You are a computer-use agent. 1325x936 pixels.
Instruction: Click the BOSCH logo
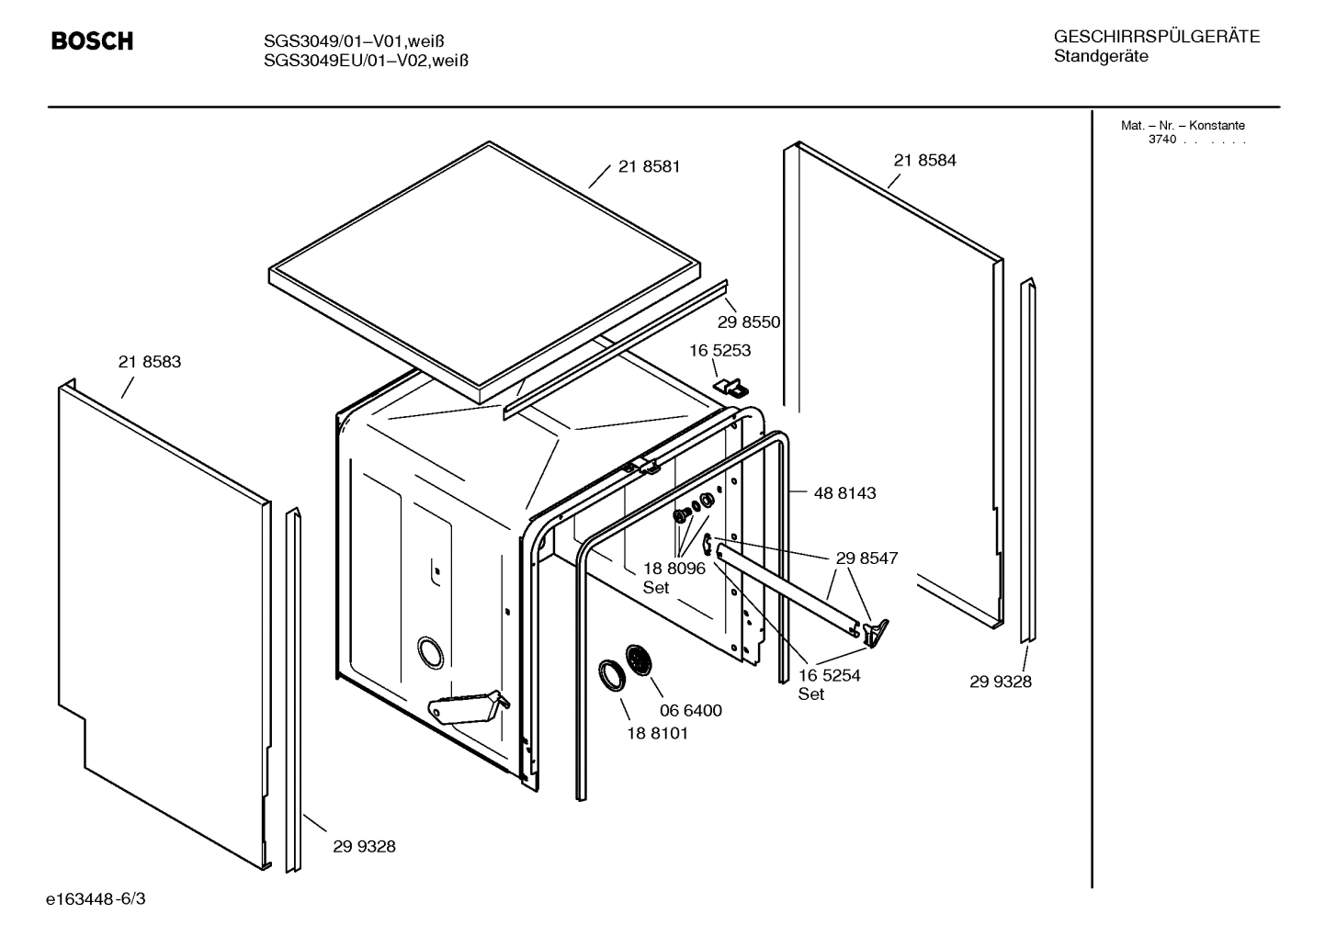(92, 41)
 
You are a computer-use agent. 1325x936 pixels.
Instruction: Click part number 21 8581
(649, 167)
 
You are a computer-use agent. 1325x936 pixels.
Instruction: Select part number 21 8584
(924, 161)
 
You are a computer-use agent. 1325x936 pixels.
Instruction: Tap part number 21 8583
(150, 362)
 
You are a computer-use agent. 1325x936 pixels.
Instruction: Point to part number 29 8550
(748, 322)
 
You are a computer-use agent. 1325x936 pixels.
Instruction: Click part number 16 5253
(719, 351)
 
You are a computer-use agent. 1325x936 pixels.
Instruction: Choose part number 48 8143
(844, 493)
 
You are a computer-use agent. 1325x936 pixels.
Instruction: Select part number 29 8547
(866, 558)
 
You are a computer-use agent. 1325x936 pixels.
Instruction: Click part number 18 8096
(674, 569)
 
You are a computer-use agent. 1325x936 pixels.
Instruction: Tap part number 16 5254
(829, 676)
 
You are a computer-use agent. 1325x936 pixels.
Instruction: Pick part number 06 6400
(690, 711)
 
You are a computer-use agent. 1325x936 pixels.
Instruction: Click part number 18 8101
(657, 734)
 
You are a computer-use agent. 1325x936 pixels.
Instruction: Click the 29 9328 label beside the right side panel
(1001, 682)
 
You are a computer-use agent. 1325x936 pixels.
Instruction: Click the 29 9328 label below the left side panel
(364, 847)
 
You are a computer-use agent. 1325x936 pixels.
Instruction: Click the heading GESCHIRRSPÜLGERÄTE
(1156, 38)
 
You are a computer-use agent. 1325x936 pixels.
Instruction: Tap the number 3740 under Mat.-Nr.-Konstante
(1161, 140)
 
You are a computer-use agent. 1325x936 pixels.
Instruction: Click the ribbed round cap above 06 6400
(640, 660)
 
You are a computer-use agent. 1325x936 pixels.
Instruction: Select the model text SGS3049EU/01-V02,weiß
(366, 61)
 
